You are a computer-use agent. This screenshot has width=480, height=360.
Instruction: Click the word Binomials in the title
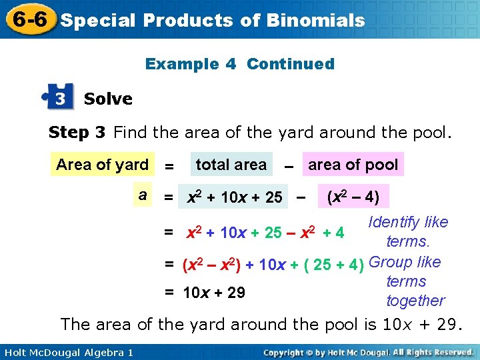click(x=315, y=20)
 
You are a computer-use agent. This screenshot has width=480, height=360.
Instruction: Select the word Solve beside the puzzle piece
click(x=108, y=99)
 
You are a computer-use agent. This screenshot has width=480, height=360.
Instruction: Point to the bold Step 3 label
click(x=77, y=133)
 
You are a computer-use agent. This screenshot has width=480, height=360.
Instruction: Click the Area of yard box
click(x=103, y=165)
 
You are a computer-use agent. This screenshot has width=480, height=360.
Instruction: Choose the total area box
click(x=231, y=165)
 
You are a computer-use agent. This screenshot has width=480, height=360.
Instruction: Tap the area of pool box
click(x=353, y=165)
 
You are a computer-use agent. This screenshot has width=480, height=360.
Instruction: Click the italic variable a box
click(x=143, y=195)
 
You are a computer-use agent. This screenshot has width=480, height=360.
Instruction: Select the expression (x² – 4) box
click(x=353, y=197)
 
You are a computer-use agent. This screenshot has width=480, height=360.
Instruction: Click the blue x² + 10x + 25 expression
click(x=234, y=197)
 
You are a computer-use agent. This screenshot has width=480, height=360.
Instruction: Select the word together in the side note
click(x=415, y=301)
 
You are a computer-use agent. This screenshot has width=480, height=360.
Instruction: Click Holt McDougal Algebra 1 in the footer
click(x=66, y=352)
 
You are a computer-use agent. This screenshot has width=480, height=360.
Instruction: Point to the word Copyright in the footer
click(x=287, y=352)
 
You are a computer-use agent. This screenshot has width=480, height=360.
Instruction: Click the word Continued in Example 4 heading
click(x=291, y=64)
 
